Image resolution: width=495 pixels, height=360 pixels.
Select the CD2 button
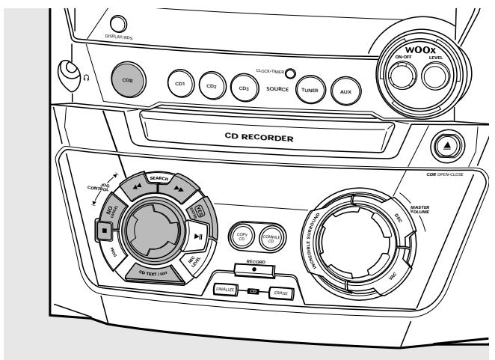click(212, 84)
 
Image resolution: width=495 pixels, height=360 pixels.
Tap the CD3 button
click(241, 85)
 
